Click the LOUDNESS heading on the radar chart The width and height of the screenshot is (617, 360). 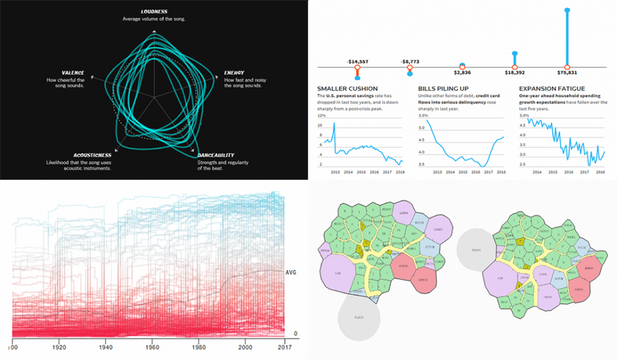point(154,11)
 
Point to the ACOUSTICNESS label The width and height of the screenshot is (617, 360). point(72,155)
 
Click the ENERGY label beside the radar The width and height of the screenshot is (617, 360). point(234,73)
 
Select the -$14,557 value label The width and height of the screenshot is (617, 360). point(357,62)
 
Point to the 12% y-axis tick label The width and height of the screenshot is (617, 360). point(321,115)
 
